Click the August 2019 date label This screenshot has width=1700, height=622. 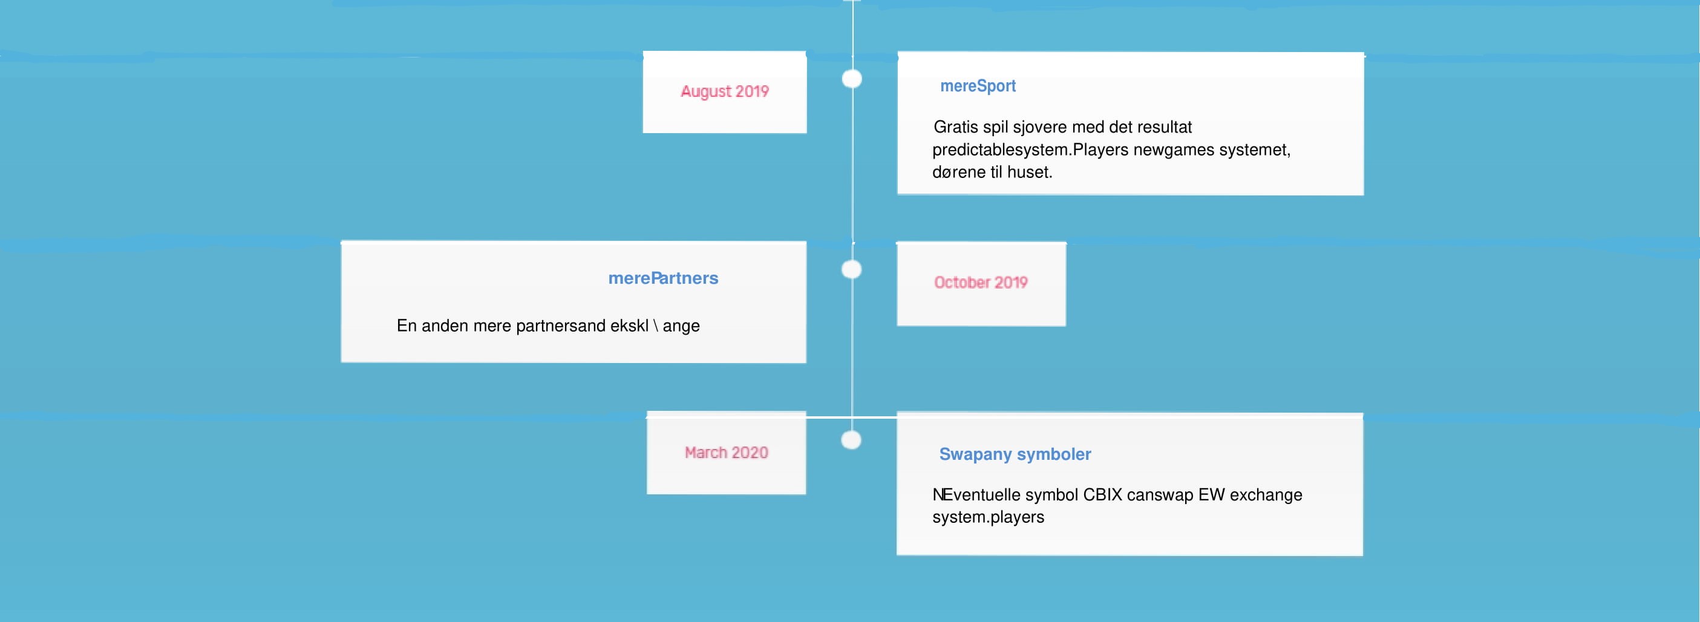(725, 91)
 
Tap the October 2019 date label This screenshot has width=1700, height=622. (981, 282)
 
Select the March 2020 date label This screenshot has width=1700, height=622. (726, 453)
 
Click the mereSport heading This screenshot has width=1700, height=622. (978, 86)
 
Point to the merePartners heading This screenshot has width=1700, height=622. (663, 278)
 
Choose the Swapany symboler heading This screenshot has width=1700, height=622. (1015, 454)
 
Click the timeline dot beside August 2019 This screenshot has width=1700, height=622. (852, 79)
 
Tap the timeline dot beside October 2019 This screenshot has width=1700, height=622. (851, 269)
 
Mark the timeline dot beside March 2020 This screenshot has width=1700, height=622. (851, 440)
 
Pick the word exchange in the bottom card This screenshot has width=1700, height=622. (1266, 495)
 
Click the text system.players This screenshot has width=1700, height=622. (988, 517)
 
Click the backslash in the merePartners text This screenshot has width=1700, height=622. (655, 326)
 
